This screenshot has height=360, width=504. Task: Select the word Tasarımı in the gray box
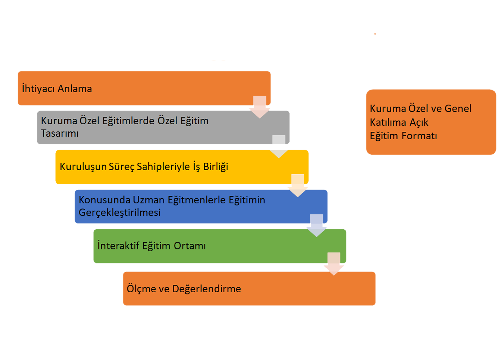pyautogui.click(x=60, y=134)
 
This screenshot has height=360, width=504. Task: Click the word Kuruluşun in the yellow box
pyautogui.click(x=83, y=167)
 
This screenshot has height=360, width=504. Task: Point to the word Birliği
pyautogui.click(x=216, y=167)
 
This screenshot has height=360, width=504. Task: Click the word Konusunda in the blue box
pyautogui.click(x=104, y=200)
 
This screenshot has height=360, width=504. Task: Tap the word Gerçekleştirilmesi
pyautogui.click(x=120, y=212)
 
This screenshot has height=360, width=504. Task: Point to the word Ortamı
pyautogui.click(x=190, y=246)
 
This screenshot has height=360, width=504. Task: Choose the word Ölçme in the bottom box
pyautogui.click(x=141, y=289)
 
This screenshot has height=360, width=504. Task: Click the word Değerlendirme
pyautogui.click(x=207, y=289)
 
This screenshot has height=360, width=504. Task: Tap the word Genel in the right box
pyautogui.click(x=458, y=108)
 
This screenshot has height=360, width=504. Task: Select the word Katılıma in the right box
pyautogui.click(x=388, y=122)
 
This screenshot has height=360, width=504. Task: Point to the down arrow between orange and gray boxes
pyautogui.click(x=260, y=107)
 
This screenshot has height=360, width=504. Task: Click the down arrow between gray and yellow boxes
pyautogui.click(x=279, y=147)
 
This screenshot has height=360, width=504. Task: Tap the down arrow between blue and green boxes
pyautogui.click(x=316, y=225)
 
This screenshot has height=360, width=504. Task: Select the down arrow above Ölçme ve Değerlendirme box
pyautogui.click(x=334, y=264)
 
